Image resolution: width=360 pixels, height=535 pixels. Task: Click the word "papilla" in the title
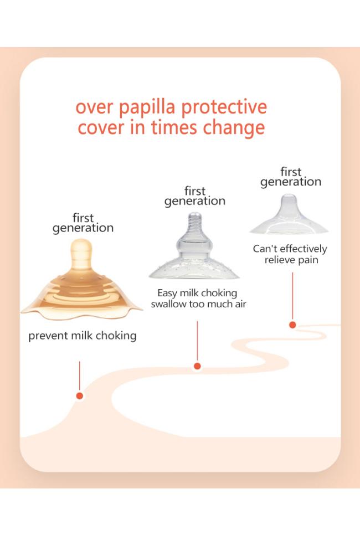click(147, 107)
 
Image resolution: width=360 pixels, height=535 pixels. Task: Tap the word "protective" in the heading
click(224, 107)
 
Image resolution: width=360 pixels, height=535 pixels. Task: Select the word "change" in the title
click(234, 128)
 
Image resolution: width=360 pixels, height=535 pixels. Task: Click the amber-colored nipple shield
click(81, 279)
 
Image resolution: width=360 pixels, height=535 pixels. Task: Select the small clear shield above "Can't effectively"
click(289, 214)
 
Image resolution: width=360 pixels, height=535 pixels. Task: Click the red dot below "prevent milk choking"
click(80, 396)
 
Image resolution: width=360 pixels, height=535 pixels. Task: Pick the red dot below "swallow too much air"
click(197, 366)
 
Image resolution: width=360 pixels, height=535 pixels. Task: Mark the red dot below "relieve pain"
click(292, 325)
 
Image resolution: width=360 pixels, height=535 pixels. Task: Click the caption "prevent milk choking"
click(82, 336)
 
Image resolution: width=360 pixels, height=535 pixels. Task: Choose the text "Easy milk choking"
click(197, 293)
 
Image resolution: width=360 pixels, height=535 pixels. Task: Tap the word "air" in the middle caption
click(240, 304)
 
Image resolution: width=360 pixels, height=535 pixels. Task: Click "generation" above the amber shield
click(83, 228)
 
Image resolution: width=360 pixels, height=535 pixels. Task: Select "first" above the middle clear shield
click(195, 191)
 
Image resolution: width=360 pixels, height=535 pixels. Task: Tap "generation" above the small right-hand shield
click(291, 182)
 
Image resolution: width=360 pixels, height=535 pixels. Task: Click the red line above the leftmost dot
click(80, 376)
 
